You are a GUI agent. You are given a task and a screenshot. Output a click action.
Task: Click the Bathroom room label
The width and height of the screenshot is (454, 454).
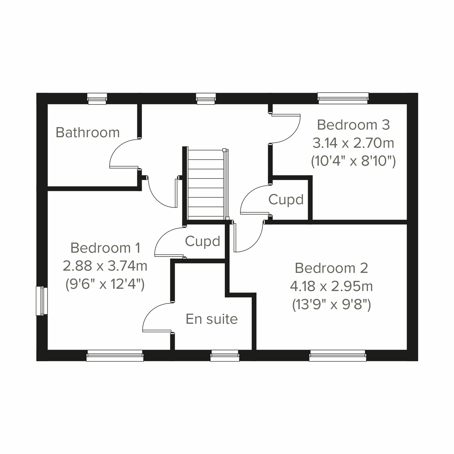tap(87, 132)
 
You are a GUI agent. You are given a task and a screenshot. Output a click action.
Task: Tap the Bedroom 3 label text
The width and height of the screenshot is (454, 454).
tap(353, 124)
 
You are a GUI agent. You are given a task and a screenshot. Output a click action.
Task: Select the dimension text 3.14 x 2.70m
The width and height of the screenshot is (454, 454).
tap(353, 143)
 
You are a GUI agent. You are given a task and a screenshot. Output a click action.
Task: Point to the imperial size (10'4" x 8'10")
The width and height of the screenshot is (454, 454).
tap(353, 162)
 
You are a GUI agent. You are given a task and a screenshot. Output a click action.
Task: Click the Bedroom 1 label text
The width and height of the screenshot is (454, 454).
tap(105, 248)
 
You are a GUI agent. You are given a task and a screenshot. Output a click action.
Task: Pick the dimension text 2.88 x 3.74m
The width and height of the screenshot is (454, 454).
tap(105, 266)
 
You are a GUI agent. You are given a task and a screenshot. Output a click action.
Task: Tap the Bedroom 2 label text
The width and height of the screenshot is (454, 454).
tap(331, 268)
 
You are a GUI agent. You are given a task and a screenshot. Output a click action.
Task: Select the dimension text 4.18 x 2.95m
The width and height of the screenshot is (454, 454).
tap(331, 286)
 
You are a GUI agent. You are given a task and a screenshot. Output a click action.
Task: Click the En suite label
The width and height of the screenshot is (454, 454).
tap(211, 319)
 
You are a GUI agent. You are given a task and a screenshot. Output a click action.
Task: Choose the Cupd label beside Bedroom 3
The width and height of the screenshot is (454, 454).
tap(286, 199)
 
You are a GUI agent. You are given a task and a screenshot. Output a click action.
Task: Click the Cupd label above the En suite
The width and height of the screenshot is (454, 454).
tap(202, 241)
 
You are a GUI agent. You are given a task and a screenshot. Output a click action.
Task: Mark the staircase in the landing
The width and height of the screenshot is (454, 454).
tap(206, 183)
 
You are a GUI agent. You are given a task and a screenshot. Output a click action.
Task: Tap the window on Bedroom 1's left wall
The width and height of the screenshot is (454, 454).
tap(41, 301)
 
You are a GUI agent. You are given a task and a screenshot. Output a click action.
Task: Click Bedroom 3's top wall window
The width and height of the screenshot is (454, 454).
tap(343, 98)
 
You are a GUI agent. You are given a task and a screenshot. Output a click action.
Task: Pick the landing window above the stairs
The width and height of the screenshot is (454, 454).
tap(206, 99)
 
